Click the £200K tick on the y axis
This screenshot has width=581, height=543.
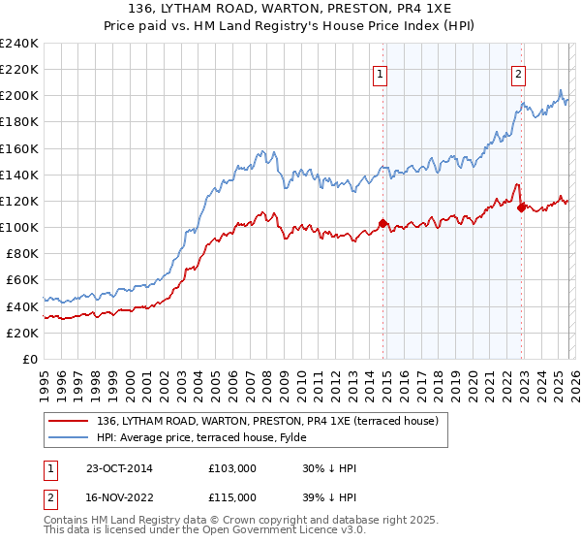tap(18, 96)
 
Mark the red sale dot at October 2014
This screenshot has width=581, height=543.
tap(382, 223)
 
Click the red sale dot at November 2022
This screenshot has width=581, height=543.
tap(521, 208)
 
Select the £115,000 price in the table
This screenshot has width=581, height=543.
tap(232, 496)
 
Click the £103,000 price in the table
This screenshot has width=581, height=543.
tap(232, 468)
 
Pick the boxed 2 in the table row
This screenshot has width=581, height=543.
tap(51, 496)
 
